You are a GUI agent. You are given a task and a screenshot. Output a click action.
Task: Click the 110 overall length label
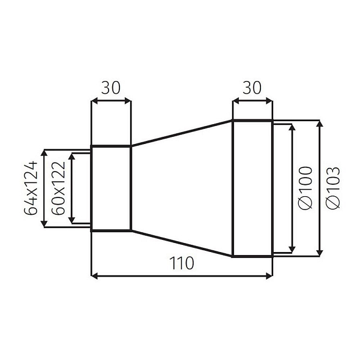pos(181,263)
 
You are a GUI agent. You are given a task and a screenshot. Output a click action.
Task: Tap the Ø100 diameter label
pos(306,188)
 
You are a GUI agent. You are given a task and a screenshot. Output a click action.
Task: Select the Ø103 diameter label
pos(333,188)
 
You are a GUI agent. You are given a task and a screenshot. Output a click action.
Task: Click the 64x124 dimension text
pos(31,188)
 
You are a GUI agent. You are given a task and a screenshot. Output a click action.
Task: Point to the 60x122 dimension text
pos(58,188)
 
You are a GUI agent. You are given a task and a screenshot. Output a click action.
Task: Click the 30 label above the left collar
pos(110,88)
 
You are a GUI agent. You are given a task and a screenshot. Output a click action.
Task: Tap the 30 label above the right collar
pos(252,88)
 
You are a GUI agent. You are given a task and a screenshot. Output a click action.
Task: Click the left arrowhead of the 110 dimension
pos(94,276)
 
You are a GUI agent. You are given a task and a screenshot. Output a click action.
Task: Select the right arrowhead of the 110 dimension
pos(269,276)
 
